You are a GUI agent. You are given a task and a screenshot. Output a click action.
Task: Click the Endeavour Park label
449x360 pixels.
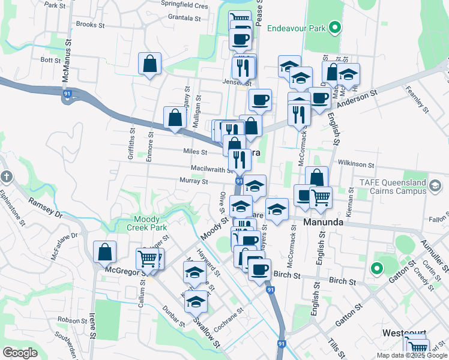(295, 28)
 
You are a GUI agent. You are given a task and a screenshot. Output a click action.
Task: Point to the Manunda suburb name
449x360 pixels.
(323, 222)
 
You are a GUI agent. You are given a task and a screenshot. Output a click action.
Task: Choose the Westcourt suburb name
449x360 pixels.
(405, 333)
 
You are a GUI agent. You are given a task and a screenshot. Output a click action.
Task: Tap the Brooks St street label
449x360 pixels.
(91, 25)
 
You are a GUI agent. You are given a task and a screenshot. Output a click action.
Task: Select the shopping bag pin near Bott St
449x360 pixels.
(149, 64)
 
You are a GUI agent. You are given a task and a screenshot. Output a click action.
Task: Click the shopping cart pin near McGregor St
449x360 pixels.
(147, 259)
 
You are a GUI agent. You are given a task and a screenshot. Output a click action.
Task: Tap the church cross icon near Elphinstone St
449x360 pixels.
(5, 177)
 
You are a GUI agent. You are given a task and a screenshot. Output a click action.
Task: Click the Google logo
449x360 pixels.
(20, 353)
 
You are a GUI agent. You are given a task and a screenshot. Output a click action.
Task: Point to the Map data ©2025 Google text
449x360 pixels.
(411, 355)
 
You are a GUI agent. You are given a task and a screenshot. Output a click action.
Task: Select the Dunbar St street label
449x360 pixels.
(174, 316)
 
